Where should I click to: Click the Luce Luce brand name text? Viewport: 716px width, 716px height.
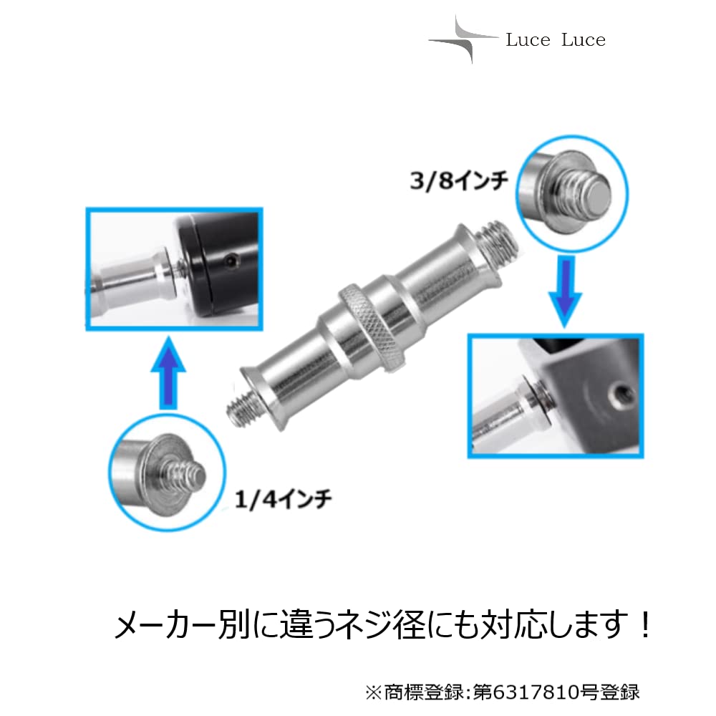coord(555,40)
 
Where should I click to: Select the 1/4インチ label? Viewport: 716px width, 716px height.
coord(284,498)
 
